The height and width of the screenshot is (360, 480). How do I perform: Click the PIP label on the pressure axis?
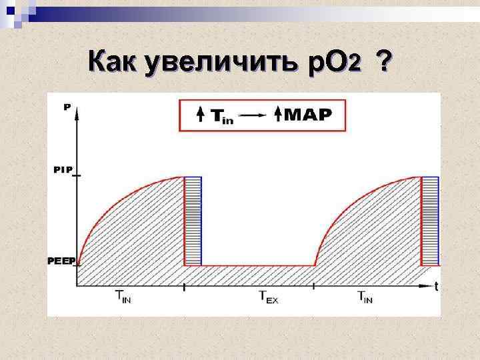[x=63, y=170]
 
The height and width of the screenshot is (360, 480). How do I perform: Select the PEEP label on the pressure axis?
[x=61, y=261]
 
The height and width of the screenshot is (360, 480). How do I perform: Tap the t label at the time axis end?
[x=436, y=287]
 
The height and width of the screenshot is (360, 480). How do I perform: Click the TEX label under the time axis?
[x=268, y=297]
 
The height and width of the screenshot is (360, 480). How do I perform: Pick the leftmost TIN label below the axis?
[x=123, y=297]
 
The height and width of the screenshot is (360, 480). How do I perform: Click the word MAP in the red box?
[x=307, y=115]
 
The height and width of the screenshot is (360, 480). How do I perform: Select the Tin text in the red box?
[x=223, y=116]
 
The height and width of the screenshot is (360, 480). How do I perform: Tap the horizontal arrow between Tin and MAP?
[x=254, y=115]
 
